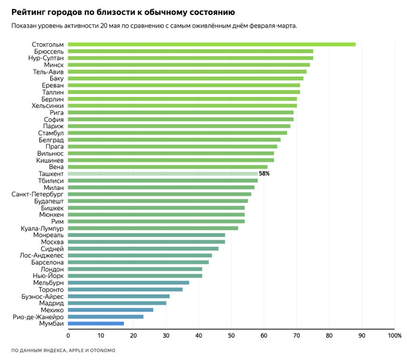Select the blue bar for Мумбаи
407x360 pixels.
[96, 323]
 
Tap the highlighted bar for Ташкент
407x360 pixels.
[162, 174]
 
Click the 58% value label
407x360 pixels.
[264, 174]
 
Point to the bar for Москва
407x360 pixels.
[146, 242]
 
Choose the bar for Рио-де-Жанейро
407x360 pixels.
[105, 316]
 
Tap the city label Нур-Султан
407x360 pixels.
[46, 58]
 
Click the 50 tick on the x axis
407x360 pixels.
[230, 335]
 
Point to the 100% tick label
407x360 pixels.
[394, 335]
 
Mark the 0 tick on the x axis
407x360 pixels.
[68, 335]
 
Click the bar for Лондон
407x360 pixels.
[135, 269]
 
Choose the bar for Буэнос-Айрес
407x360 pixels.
[119, 296]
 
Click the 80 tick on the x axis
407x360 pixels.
[329, 335]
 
